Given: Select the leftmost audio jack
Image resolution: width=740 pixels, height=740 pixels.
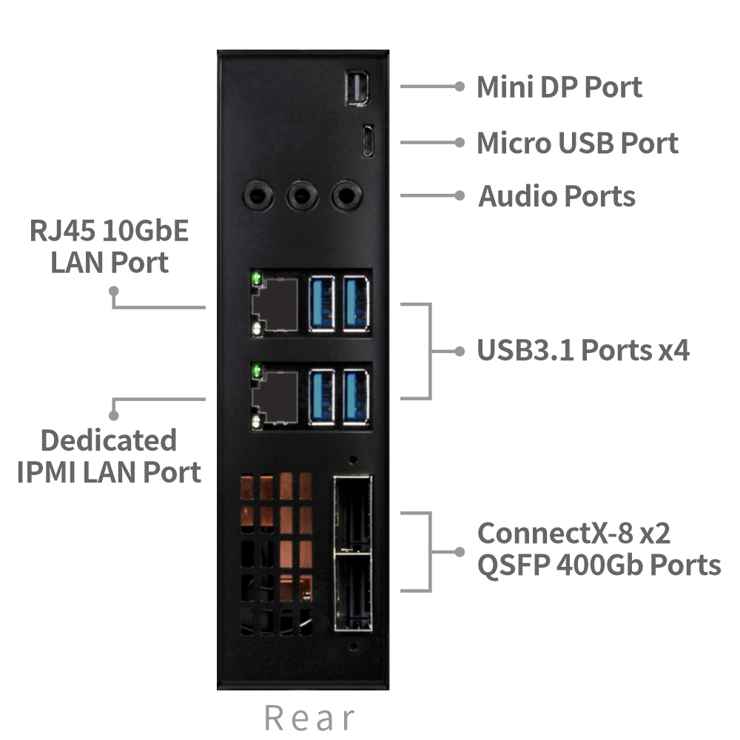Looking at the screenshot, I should [x=258, y=195].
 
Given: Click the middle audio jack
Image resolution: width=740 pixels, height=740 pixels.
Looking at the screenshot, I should [x=301, y=195].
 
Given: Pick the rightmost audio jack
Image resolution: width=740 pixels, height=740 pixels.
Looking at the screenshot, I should [x=344, y=195].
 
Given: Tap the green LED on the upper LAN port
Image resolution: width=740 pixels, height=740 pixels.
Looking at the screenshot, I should [x=257, y=280].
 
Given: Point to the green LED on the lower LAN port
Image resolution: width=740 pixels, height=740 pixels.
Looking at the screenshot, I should [x=257, y=371].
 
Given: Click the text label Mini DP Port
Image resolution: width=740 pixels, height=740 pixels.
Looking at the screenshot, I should [x=559, y=87].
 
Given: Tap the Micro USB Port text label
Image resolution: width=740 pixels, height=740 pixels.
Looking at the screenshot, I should [x=577, y=142].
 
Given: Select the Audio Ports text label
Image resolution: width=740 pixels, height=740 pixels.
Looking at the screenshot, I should [x=556, y=196].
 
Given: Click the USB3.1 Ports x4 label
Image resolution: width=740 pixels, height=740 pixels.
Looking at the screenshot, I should [x=583, y=350].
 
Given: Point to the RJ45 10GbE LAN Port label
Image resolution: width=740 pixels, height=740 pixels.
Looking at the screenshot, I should [x=110, y=246].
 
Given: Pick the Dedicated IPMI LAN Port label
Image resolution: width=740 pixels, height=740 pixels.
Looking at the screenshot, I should [x=109, y=456].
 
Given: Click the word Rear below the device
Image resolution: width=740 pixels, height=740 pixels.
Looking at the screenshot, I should [x=309, y=718].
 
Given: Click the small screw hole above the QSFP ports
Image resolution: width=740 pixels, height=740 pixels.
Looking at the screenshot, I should [x=353, y=460].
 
